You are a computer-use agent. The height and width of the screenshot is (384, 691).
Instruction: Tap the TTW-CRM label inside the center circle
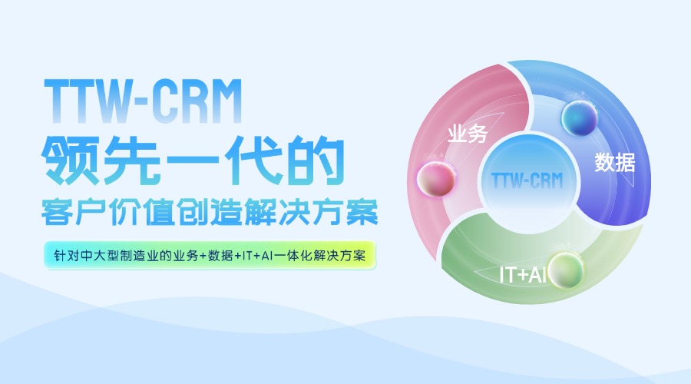[527, 180]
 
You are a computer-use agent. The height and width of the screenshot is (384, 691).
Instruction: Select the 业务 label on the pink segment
[467, 134]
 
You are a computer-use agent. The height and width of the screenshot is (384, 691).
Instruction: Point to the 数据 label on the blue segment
[615, 162]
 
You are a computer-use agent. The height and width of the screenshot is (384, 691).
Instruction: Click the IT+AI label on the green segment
[523, 274]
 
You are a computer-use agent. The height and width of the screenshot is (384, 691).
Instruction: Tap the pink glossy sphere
[436, 178]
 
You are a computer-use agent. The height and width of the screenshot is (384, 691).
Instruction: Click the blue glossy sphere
[579, 118]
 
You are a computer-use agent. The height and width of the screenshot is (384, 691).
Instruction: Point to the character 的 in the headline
[316, 160]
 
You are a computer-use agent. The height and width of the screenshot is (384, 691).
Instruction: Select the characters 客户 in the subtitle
[74, 213]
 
